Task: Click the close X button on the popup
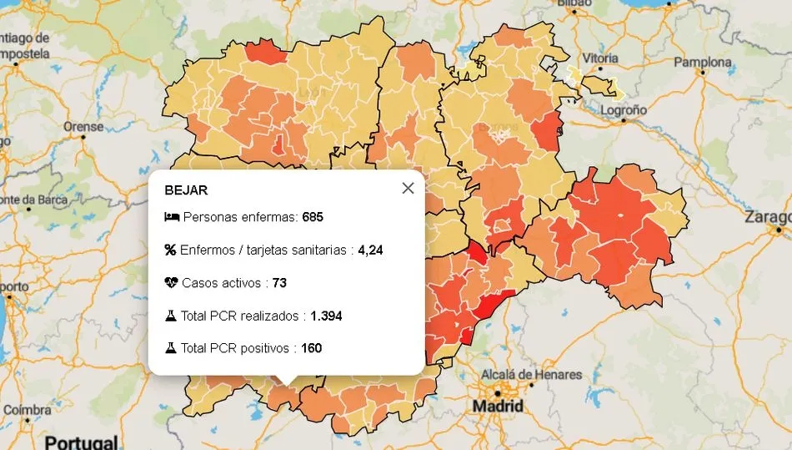coord(408,188)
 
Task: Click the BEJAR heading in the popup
coord(186,190)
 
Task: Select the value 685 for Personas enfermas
coord(313,217)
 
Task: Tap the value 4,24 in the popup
coord(371,250)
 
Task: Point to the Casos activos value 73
coord(279,283)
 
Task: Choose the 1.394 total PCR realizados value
coord(326,316)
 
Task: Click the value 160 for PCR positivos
coord(311,348)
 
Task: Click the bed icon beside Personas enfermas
coord(171,217)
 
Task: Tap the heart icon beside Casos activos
coord(171,283)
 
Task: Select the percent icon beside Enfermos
coord(171,250)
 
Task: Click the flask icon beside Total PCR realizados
coord(171,316)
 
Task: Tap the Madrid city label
coord(498,407)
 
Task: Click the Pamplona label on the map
coord(702,62)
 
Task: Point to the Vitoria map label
coord(600,58)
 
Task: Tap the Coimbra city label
coord(28,411)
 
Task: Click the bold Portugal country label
coord(81,442)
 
